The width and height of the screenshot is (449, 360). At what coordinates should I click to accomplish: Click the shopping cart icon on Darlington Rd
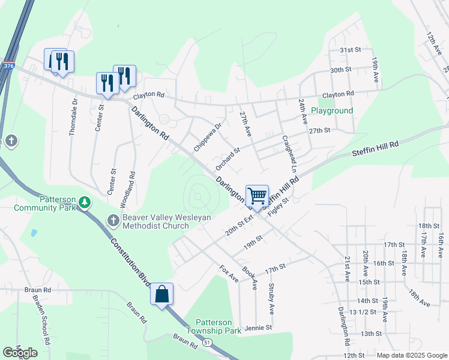click(257, 196)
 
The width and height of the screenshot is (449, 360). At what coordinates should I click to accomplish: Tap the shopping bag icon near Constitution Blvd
click(161, 294)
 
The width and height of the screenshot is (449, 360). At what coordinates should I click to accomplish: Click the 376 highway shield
click(8, 65)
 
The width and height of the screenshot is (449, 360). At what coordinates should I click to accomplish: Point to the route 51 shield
click(207, 343)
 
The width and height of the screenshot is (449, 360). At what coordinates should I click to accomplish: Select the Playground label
click(331, 111)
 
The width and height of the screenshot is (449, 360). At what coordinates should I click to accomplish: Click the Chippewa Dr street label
click(208, 137)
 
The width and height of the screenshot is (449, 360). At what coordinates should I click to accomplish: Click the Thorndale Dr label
click(73, 117)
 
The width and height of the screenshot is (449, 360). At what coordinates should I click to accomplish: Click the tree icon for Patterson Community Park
click(85, 202)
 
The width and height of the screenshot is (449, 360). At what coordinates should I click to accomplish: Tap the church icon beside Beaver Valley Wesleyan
click(112, 221)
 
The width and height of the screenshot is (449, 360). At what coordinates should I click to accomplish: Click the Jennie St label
click(259, 328)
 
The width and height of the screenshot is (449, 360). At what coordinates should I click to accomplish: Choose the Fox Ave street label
click(229, 274)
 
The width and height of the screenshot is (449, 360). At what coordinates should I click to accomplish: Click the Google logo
click(20, 353)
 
